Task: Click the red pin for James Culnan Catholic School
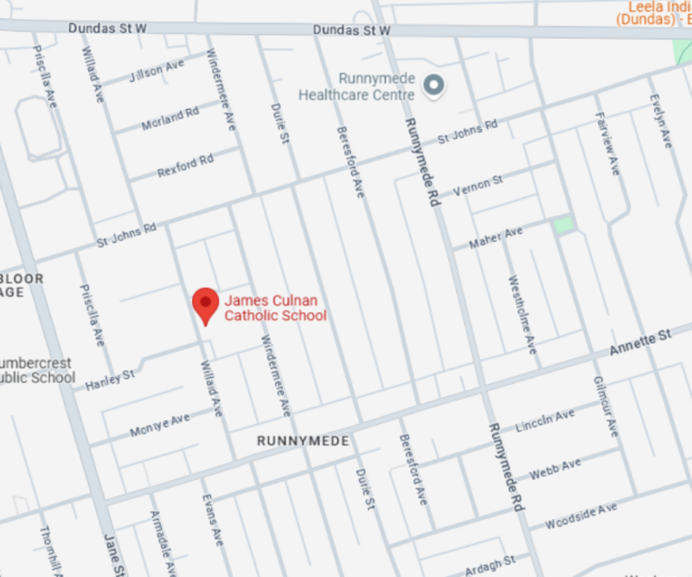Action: click(205, 305)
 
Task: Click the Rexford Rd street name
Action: click(184, 165)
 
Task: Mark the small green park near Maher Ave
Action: click(563, 225)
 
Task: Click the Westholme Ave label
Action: click(522, 314)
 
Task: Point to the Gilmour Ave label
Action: click(604, 405)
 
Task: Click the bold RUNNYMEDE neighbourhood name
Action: click(303, 441)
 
